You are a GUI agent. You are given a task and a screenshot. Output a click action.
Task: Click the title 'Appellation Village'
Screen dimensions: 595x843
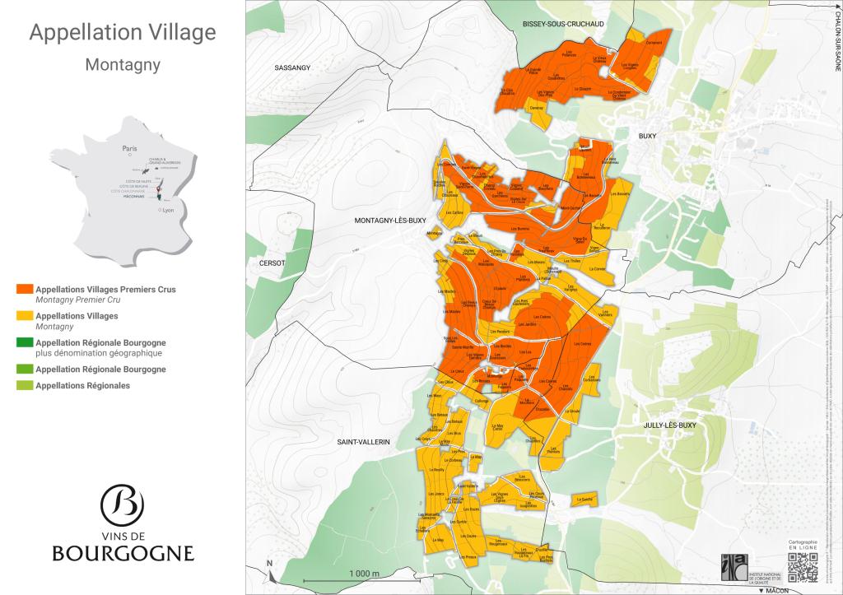(123, 33)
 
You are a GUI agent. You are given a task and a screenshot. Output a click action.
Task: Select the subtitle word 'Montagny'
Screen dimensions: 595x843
(123, 63)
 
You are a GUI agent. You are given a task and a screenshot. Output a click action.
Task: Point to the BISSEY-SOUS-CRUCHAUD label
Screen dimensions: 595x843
(563, 25)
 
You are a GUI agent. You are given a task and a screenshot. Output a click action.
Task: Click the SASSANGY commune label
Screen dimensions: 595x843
(292, 68)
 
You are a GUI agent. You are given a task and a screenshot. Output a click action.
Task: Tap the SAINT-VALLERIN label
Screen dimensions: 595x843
(363, 442)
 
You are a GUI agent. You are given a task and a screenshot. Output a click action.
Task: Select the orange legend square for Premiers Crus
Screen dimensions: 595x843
(25, 290)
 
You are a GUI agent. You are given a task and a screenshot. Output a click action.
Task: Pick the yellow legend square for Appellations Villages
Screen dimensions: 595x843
(25, 316)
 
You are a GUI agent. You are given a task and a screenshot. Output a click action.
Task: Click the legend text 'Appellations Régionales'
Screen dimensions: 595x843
(82, 385)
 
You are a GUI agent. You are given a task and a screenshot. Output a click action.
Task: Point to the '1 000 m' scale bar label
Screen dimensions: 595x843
(363, 573)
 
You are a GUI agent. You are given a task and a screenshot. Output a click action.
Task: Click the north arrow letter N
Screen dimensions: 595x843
(269, 564)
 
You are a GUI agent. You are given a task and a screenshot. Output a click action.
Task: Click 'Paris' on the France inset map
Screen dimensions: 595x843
(128, 149)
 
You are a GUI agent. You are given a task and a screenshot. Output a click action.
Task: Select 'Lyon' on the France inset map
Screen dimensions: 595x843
(169, 210)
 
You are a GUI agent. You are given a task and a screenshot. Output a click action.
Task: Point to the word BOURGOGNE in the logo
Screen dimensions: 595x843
(123, 553)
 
